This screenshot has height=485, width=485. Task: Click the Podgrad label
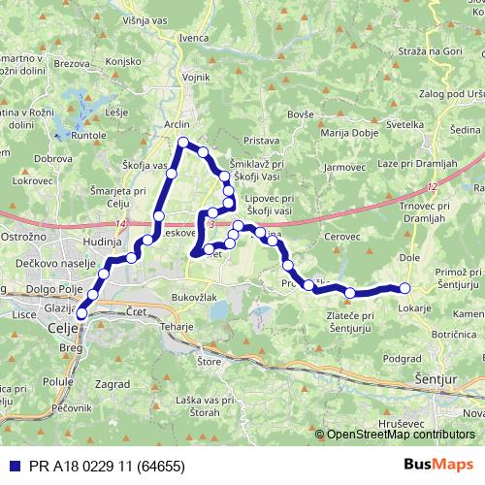[x=402, y=357]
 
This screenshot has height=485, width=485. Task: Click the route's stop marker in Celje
[x=81, y=312]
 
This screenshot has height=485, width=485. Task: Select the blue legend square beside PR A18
[x=10, y=465]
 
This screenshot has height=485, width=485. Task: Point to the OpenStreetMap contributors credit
[x=401, y=435]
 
